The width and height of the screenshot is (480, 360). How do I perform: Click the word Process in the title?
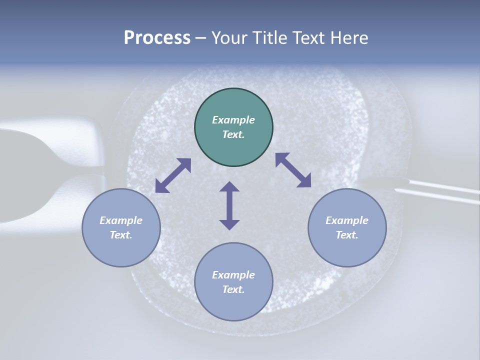(157, 38)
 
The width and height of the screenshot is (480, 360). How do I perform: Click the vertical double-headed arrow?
(229, 206)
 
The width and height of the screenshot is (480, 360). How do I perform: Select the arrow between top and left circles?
(173, 175)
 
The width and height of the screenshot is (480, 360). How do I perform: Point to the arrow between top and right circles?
(293, 170)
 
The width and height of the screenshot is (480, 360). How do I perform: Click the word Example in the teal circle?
(233, 120)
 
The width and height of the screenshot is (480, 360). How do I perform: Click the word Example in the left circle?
(121, 220)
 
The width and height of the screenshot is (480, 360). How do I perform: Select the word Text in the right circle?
(346, 235)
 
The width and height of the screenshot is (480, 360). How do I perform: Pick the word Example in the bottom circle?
(233, 275)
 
